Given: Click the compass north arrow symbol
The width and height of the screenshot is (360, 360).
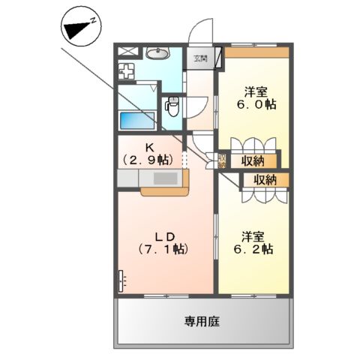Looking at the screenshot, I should click(x=77, y=28).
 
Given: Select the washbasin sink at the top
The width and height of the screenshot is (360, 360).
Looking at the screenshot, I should click(x=157, y=53).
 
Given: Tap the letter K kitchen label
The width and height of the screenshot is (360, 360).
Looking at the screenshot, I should click(x=148, y=147).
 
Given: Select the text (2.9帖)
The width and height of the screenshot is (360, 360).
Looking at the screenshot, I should click(x=148, y=160).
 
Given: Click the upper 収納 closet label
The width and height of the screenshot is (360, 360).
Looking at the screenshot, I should click(x=253, y=160).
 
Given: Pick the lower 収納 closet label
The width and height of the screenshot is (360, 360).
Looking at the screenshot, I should click(x=265, y=179).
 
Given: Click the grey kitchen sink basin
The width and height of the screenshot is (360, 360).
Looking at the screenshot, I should click(x=165, y=178).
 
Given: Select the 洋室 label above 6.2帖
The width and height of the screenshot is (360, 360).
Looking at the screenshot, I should click(x=253, y=234).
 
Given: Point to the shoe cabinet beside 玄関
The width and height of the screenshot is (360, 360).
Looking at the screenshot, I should click(x=217, y=58).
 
